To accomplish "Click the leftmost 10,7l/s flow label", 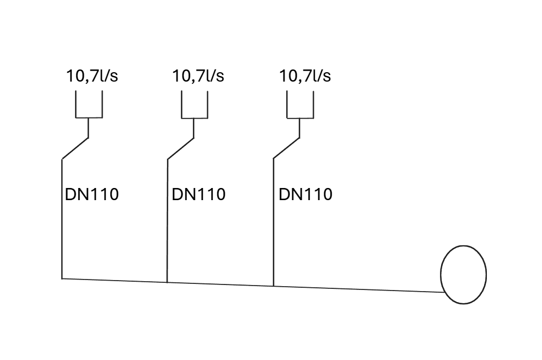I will (x=92, y=76).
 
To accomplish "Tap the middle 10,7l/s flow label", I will (x=198, y=76).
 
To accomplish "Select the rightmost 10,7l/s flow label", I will (x=305, y=76).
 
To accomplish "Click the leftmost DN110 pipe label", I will (x=92, y=195).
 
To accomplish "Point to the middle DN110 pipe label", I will (x=198, y=195).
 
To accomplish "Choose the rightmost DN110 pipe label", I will (x=305, y=195).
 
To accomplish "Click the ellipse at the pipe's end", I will (x=463, y=275).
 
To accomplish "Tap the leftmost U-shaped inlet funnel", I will (x=89, y=105).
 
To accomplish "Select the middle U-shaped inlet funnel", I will (x=195, y=105).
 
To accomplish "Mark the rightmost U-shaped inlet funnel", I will (x=300, y=105).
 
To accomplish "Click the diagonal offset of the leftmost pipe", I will (x=75, y=148).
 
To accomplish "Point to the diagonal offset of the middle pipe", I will (x=181, y=148).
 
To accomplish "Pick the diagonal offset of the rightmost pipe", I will (x=287, y=148).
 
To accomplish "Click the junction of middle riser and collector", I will (x=167, y=282).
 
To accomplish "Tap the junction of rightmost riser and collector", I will (x=273, y=286).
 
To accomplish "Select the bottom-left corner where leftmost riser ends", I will (x=62, y=278).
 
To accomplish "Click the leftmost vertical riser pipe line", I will (x=62, y=232).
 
